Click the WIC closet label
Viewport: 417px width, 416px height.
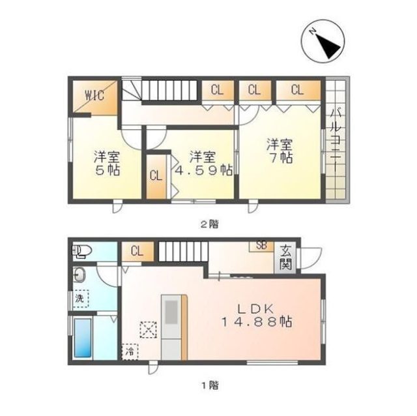[94, 95]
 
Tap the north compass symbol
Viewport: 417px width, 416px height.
[323, 41]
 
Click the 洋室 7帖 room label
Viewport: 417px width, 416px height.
[280, 151]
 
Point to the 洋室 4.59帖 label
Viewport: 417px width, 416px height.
[203, 164]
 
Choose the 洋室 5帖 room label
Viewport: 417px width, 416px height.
[107, 164]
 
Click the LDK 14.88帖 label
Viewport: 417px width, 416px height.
[257, 316]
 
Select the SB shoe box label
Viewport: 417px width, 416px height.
[261, 246]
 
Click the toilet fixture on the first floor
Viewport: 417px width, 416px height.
[82, 251]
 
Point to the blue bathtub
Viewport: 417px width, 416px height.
[83, 338]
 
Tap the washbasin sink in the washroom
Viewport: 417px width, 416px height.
[79, 275]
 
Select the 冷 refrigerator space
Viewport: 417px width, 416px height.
[130, 351]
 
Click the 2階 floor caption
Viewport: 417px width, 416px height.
[210, 225]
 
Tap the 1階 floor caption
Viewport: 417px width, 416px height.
[210, 385]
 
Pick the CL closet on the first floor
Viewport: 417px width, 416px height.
[137, 252]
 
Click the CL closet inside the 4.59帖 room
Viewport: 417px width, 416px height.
[156, 176]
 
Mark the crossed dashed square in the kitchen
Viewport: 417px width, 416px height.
[149, 330]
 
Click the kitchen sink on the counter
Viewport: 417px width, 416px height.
[171, 312]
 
